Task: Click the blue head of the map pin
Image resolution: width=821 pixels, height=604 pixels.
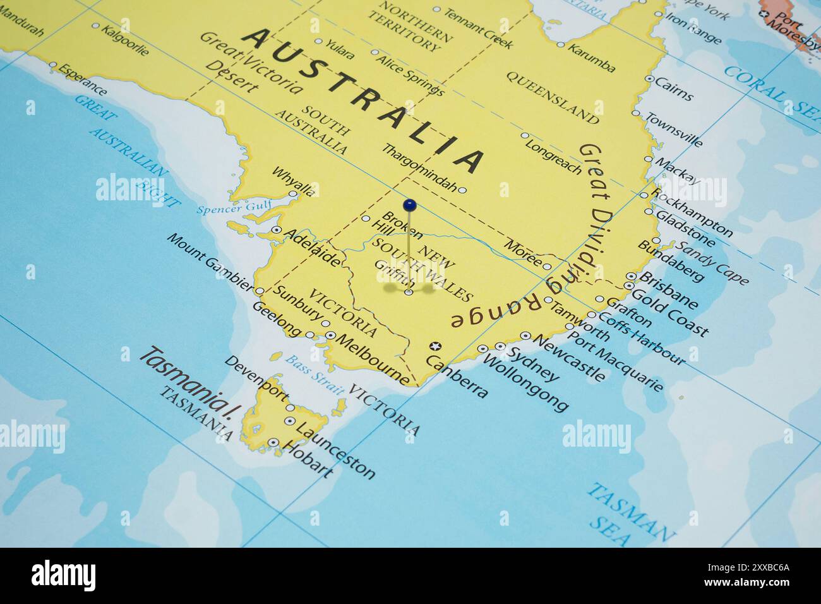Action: [x=410, y=205]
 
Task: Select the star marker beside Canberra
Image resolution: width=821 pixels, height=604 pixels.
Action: [x=434, y=346]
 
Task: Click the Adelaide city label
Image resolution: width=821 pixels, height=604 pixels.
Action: [x=311, y=247]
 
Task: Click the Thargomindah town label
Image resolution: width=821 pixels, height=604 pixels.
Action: [x=419, y=167]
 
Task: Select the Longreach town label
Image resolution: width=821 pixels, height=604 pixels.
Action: [x=553, y=155]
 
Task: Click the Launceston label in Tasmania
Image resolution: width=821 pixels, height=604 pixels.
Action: [x=335, y=450]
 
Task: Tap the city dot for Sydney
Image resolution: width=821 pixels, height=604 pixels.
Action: [x=500, y=346]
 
